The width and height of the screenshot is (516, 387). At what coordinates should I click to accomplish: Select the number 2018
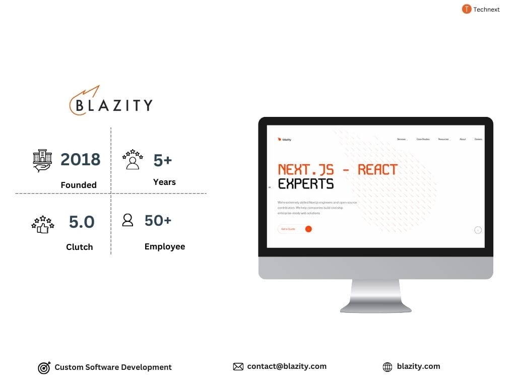[x=81, y=159]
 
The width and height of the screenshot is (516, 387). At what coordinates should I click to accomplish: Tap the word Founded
[x=79, y=185]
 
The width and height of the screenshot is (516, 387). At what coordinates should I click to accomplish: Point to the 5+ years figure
[x=163, y=160]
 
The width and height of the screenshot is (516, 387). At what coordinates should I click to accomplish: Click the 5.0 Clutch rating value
[x=82, y=222]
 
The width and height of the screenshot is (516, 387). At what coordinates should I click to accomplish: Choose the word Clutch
[x=80, y=247]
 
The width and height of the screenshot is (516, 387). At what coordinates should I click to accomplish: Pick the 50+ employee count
[x=158, y=220]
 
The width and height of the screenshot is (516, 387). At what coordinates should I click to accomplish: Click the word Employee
[x=165, y=246]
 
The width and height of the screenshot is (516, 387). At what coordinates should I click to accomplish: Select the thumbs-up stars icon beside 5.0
[x=42, y=224]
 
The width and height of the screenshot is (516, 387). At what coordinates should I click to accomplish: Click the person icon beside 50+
[x=128, y=220]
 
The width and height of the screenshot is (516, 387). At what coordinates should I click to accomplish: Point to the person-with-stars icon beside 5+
[x=133, y=159]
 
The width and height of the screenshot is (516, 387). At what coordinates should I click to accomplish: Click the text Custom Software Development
[x=113, y=367]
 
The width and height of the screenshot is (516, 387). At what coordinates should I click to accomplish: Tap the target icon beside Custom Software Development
[x=44, y=368]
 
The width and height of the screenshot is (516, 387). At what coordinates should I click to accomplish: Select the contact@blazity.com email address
[x=287, y=366]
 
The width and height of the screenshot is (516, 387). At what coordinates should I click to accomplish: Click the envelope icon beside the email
[x=238, y=367]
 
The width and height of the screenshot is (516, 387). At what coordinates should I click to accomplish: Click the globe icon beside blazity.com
[x=388, y=367]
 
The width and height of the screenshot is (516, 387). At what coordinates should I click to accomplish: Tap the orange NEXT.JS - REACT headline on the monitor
[x=338, y=169]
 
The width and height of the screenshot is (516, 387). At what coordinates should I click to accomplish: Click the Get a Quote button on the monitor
[x=295, y=229]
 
